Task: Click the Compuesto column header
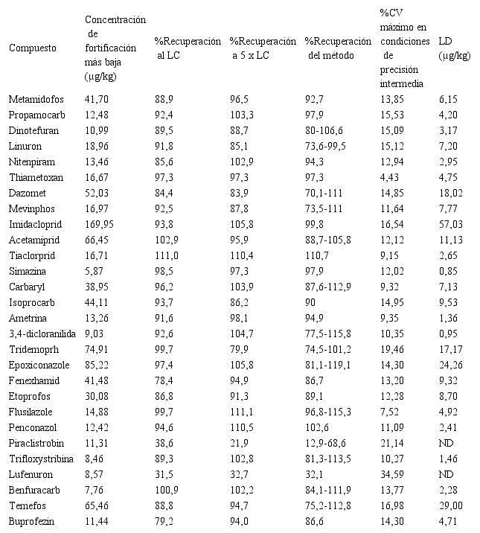pyautogui.click(x=33, y=48)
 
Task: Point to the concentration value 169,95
pyautogui.click(x=100, y=226)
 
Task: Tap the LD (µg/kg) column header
pyautogui.click(x=454, y=48)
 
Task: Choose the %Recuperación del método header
pyautogui.click(x=338, y=48)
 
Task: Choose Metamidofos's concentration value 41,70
pyautogui.click(x=97, y=98)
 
